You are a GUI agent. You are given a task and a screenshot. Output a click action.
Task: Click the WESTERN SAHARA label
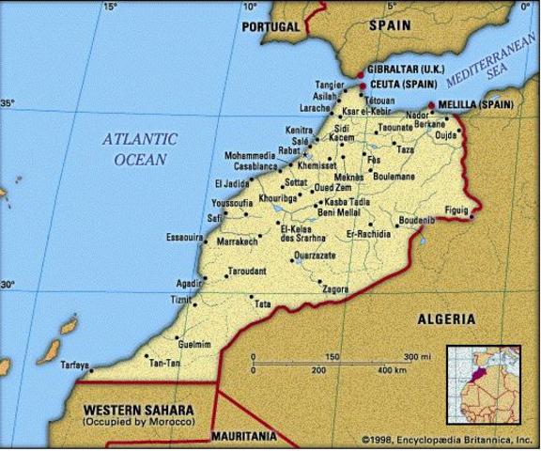(x=138, y=411)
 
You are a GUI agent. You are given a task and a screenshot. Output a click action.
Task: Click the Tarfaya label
(x=75, y=365)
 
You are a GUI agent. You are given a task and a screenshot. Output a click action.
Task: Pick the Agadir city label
(x=189, y=283)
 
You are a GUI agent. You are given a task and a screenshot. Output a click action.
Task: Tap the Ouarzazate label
(x=314, y=255)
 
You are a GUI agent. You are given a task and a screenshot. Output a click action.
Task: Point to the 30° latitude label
(x=8, y=284)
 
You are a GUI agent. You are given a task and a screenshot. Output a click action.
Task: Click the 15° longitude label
(x=110, y=8)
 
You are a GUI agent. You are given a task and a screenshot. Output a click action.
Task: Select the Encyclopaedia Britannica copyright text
(x=440, y=439)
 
